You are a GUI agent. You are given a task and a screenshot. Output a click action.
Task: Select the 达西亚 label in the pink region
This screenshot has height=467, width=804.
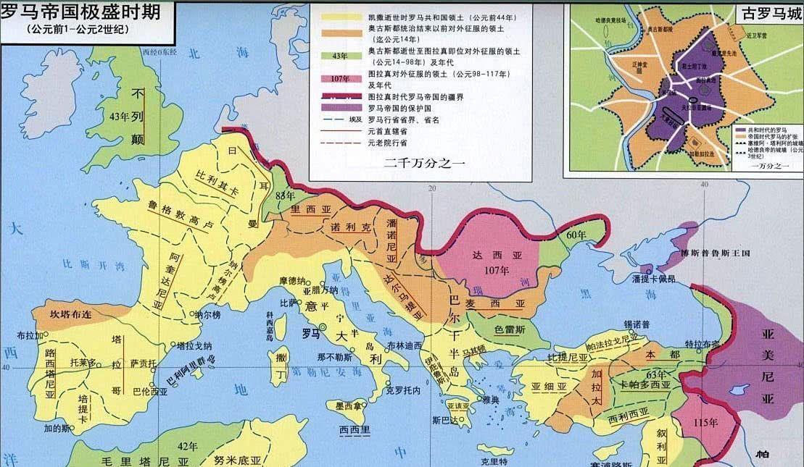click(x=487, y=254)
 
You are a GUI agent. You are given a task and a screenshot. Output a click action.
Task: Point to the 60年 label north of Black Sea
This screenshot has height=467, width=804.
click(x=576, y=235)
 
